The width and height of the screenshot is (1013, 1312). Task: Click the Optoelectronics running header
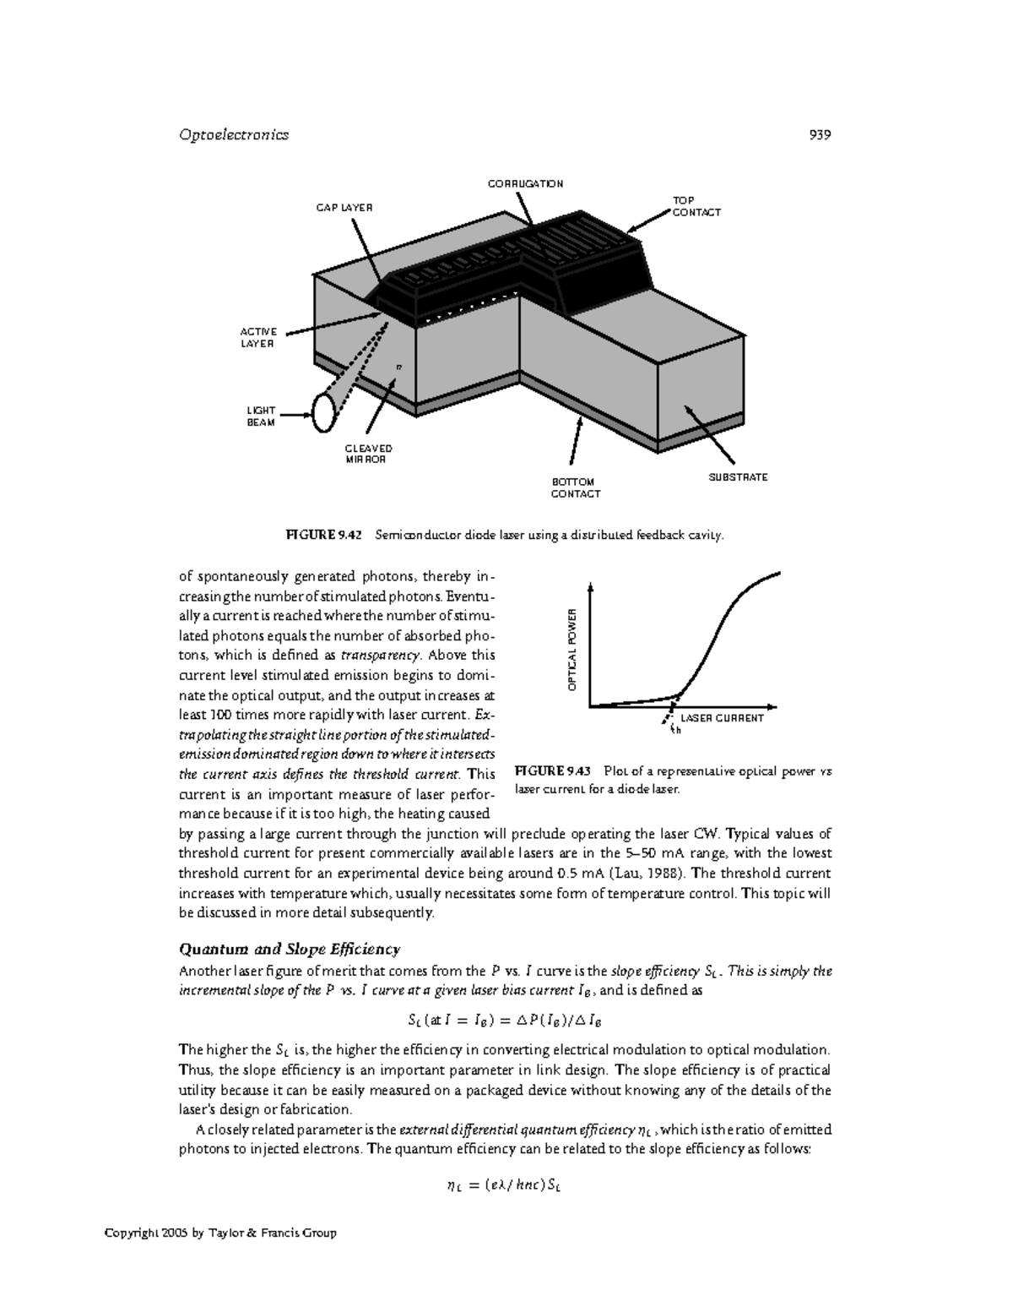(x=234, y=134)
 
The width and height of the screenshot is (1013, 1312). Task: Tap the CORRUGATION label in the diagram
(x=525, y=183)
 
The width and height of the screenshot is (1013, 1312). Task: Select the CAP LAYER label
(x=344, y=207)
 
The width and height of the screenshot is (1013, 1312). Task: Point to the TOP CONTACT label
(x=696, y=206)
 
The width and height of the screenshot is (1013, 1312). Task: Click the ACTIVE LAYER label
(x=260, y=337)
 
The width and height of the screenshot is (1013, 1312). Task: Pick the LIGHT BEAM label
(x=261, y=416)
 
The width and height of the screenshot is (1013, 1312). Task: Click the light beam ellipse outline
(x=323, y=412)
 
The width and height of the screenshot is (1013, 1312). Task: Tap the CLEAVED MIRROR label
(x=369, y=454)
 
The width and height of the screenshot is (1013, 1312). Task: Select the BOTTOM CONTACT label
(x=575, y=487)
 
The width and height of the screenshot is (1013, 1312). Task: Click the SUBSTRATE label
(x=738, y=477)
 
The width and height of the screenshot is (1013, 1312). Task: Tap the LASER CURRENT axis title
(x=722, y=718)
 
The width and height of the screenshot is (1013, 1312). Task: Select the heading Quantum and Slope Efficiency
(x=290, y=948)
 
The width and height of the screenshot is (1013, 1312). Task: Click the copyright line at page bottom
(x=220, y=1233)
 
